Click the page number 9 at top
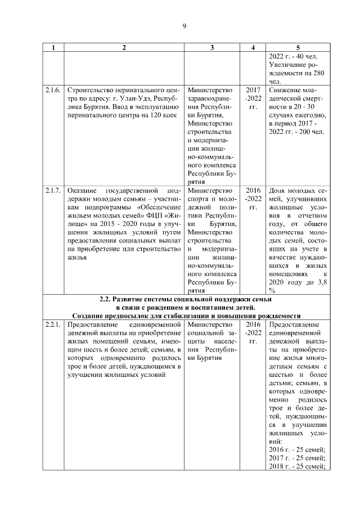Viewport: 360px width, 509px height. (183, 26)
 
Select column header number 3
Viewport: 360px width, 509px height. (212, 48)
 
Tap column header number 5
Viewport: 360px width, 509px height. (298, 48)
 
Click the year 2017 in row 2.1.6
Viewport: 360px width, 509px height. (254, 89)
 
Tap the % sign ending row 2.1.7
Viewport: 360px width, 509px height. (272, 290)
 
